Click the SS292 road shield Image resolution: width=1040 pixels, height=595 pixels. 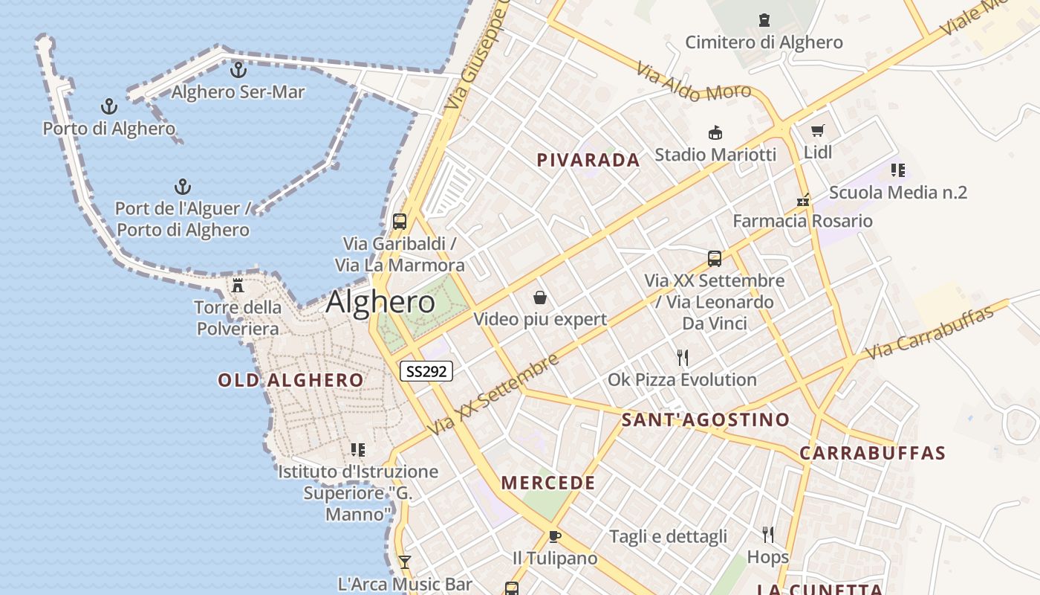tap(426, 370)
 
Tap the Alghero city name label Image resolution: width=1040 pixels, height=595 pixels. tap(380, 302)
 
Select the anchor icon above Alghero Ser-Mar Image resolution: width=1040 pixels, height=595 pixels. tap(238, 70)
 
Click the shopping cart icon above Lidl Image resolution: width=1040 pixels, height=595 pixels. tap(818, 131)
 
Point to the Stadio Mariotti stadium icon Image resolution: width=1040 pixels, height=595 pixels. tap(715, 133)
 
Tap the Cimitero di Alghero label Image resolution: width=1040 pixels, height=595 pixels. tap(764, 42)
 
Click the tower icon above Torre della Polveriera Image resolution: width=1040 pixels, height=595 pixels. tap(238, 285)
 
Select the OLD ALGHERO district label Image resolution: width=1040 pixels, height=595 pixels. tap(290, 381)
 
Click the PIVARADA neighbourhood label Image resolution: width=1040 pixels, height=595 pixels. tap(588, 160)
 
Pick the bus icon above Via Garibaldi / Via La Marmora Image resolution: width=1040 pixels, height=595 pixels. tap(400, 222)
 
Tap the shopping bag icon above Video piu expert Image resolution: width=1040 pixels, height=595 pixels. tap(540, 298)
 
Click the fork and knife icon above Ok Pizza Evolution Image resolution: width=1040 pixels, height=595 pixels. tap(683, 358)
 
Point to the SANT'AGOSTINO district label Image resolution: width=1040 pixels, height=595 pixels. tap(706, 420)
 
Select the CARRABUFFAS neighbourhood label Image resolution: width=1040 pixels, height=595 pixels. tap(873, 453)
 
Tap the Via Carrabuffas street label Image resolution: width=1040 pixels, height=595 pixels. tap(930, 332)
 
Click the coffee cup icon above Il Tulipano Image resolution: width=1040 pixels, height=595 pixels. tap(554, 536)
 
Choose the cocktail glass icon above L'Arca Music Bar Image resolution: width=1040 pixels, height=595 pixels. tap(404, 562)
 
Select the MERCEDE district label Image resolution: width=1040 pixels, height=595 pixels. tap(548, 483)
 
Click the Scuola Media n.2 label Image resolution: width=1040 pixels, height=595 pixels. tap(897, 193)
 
